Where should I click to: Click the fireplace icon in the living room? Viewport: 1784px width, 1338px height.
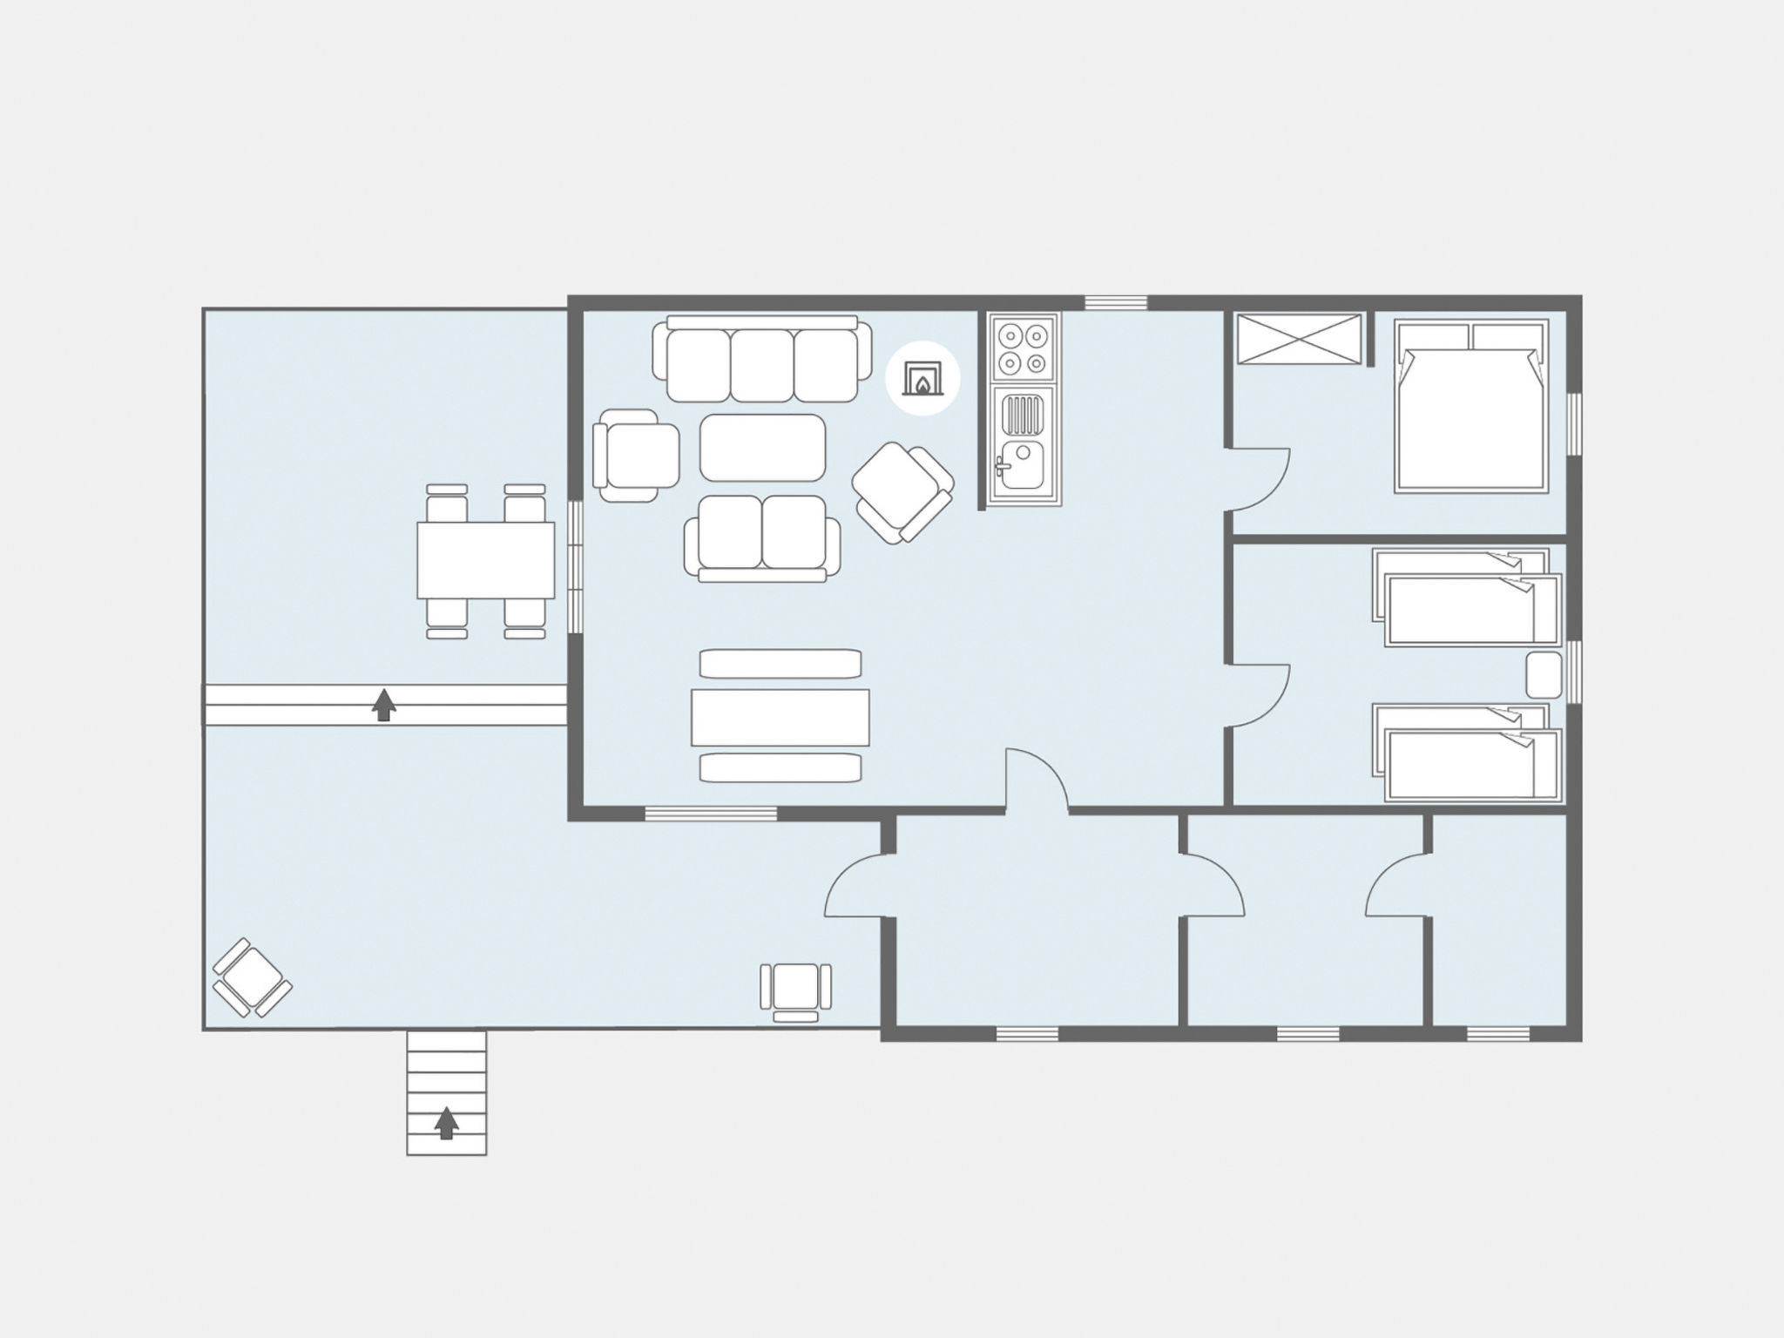tap(922, 379)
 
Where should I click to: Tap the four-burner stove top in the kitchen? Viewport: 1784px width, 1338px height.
tap(1024, 348)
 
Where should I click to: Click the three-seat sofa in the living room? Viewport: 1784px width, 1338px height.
tap(762, 362)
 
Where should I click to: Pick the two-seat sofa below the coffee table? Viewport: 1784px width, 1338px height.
tap(762, 536)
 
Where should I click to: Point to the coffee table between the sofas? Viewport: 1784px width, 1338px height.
tap(762, 448)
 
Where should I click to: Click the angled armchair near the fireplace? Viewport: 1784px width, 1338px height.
tap(903, 491)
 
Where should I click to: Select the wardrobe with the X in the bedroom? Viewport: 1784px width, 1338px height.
tap(1299, 339)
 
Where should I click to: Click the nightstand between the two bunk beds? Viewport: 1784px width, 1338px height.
tap(1544, 675)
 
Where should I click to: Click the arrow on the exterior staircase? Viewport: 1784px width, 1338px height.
tap(446, 1123)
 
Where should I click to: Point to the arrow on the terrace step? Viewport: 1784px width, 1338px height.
tap(383, 705)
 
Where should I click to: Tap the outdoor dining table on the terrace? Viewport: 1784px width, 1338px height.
tap(485, 560)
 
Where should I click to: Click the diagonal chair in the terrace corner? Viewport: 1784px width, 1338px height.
tap(252, 976)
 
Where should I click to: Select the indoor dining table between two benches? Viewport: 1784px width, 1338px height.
tap(780, 717)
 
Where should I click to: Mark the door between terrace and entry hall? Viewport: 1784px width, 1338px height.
tap(858, 887)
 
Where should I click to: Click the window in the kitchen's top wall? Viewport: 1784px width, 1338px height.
tap(1116, 303)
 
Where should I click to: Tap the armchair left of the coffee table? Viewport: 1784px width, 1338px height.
tap(636, 456)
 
